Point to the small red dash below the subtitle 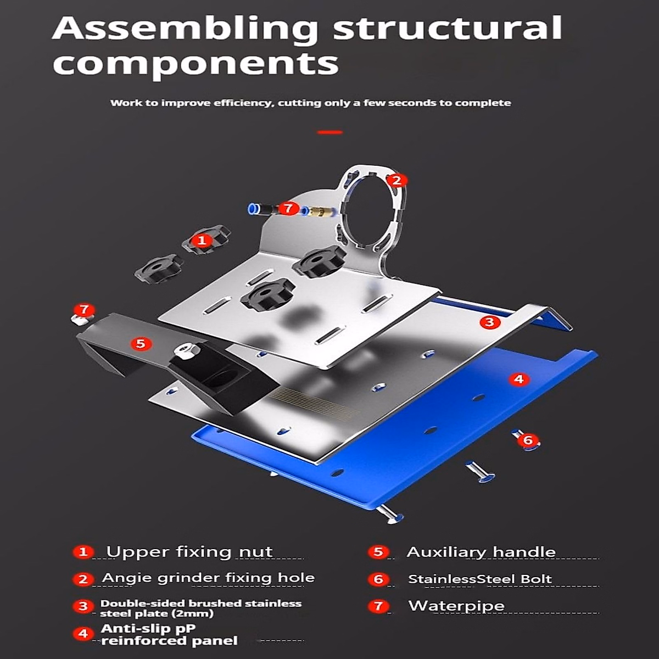tap(329, 132)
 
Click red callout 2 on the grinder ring tap(396, 180)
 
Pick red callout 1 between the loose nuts tap(202, 240)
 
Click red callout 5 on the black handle tap(141, 343)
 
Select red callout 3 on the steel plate tap(490, 322)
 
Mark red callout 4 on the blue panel tap(518, 379)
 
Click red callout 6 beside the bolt tap(528, 440)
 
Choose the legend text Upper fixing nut tap(189, 552)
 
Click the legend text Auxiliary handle tap(481, 552)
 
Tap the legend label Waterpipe tap(456, 606)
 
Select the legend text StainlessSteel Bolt tap(479, 579)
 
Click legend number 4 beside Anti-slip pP tap(83, 634)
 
